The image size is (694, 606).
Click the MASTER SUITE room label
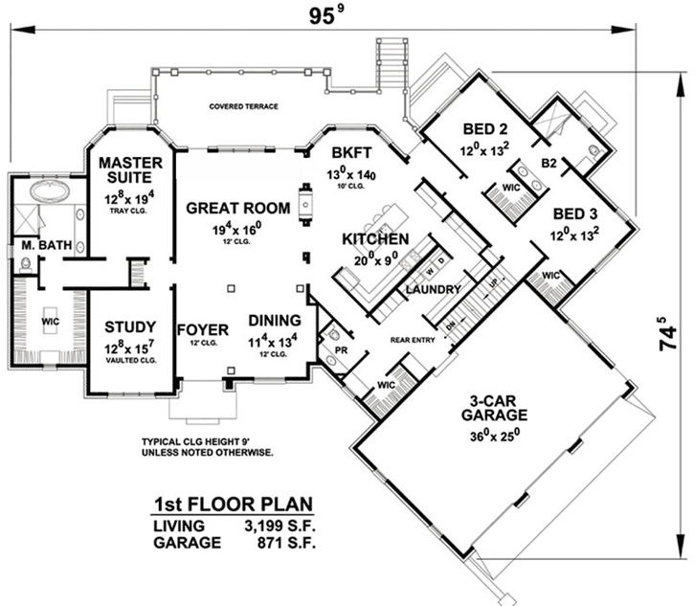131,169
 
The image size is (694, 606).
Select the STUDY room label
131,325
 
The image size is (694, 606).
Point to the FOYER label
202,330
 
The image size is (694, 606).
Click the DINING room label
275,321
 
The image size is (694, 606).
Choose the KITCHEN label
376,238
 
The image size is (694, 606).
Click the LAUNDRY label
434,288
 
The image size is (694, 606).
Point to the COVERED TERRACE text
244,107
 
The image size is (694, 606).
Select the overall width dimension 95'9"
325,16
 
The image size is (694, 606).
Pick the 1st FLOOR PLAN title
235,505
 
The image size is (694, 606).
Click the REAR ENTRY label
412,338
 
